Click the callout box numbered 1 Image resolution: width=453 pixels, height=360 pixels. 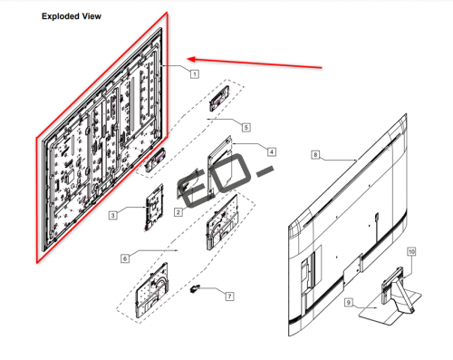coord(195,73)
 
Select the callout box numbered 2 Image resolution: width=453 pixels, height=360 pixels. coord(178,212)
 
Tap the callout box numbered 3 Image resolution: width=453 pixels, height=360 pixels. coord(113,215)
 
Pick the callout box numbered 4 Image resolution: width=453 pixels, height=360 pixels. coord(272,151)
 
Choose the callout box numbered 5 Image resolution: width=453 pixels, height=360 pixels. coord(246,127)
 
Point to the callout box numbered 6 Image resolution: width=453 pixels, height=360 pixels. coord(125,258)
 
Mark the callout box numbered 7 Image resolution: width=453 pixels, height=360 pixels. coord(229,297)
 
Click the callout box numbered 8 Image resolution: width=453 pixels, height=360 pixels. coord(315,155)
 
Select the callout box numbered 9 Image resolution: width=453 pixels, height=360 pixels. coord(349,302)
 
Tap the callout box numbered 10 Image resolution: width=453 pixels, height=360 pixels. coord(411,251)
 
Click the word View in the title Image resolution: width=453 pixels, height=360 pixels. coord(92,16)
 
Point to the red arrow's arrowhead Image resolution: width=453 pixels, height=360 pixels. coord(192,59)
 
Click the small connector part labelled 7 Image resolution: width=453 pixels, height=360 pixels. coord(194,289)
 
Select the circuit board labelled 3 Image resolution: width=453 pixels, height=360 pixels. coord(154,208)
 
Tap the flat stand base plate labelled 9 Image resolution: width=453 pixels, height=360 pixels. coord(390,308)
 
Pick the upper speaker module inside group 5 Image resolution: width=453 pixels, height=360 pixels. coord(219,98)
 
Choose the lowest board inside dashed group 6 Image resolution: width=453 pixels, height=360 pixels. coord(151,290)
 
